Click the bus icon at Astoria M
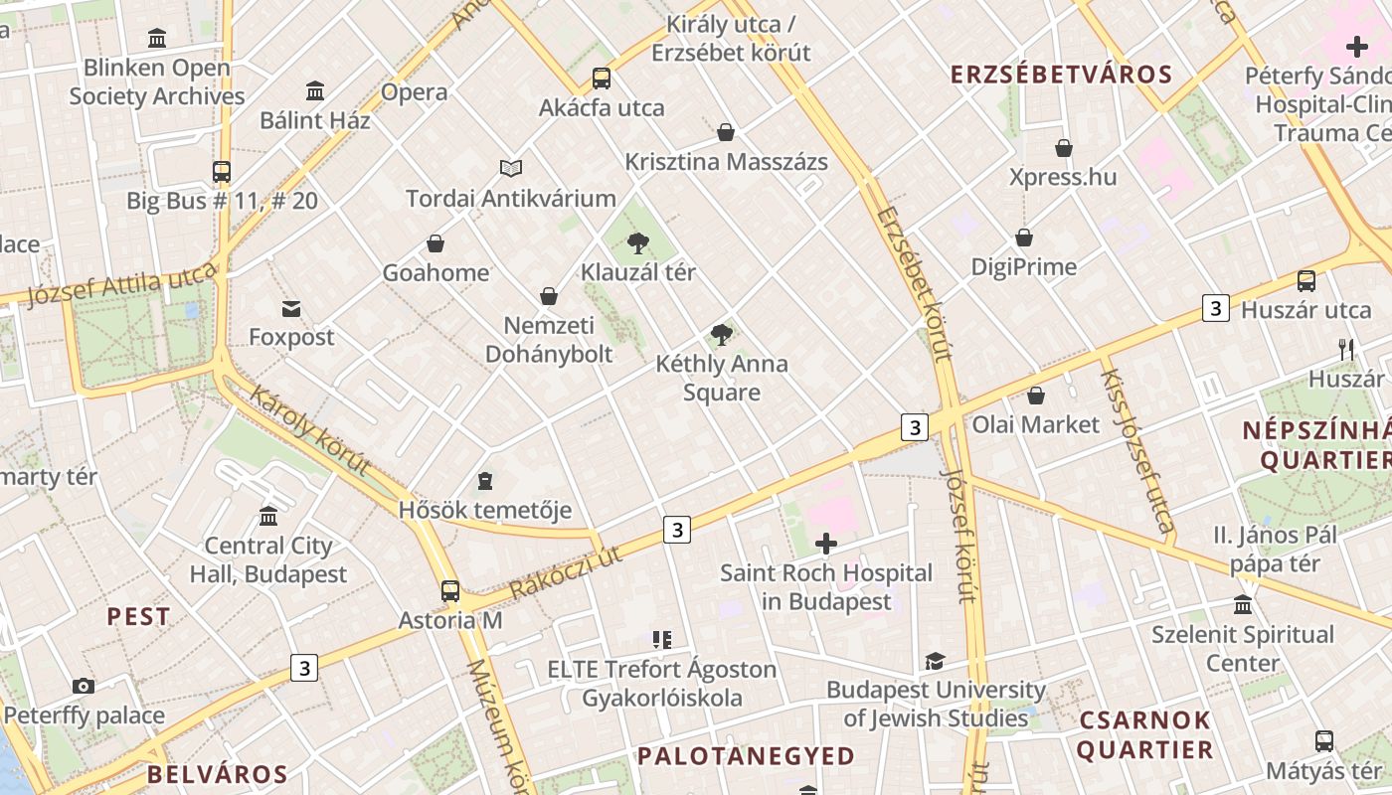[450, 591]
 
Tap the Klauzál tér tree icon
[638, 242]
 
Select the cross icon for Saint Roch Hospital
[825, 544]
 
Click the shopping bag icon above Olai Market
[1036, 396]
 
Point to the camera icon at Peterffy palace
[84, 686]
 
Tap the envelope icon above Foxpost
[291, 309]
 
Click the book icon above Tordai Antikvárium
[511, 169]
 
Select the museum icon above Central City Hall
[268, 517]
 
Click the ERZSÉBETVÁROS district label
[1061, 75]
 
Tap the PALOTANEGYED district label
[746, 756]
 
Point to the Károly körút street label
[310, 430]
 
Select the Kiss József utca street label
[1137, 449]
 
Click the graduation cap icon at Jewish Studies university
[935, 661]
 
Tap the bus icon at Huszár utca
[1306, 281]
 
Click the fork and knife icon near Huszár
[1347, 349]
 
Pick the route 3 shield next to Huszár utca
[1215, 308]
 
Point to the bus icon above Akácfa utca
[601, 78]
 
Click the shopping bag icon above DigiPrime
[1024, 238]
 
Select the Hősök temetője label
[485, 511]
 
